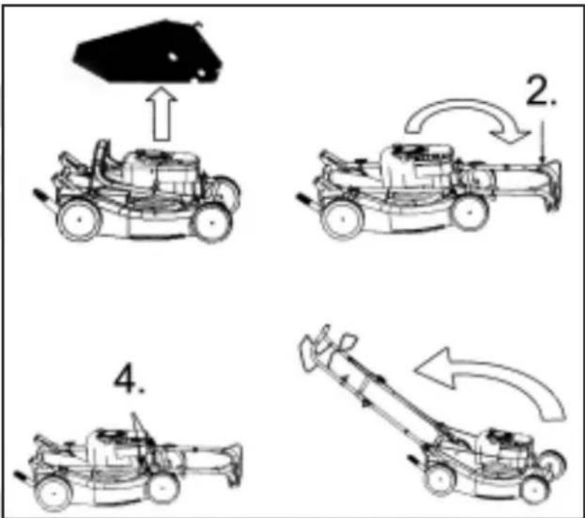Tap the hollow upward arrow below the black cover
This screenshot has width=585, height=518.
pos(161,113)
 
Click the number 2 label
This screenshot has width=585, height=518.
pos(541,91)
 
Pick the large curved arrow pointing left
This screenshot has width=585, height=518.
pos(496,374)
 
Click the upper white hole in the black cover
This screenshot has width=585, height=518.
pos(172,56)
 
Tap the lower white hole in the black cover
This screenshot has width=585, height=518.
pos(201,73)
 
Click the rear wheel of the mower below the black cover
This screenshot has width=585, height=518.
pos(79,220)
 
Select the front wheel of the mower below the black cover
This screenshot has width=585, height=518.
pos(211,223)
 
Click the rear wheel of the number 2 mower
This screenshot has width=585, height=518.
pos(343,219)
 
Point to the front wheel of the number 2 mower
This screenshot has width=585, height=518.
pos(470,213)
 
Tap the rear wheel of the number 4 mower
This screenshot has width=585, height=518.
pos(54,493)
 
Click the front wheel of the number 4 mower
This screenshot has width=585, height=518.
pos(163,488)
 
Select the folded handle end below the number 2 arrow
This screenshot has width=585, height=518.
pos(552,185)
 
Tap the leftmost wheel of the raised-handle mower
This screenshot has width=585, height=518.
pos(440,479)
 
